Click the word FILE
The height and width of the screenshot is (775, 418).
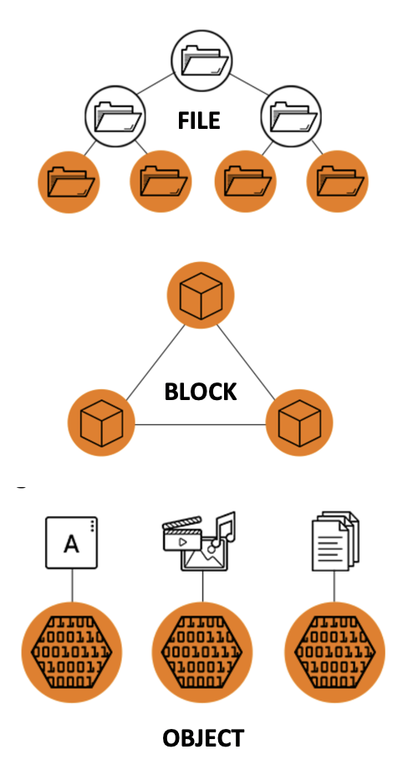click(198, 121)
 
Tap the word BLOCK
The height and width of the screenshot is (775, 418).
click(201, 392)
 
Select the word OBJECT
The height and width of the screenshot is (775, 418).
click(203, 738)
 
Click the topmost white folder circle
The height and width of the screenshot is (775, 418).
click(201, 60)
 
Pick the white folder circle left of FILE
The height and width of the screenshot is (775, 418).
click(115, 116)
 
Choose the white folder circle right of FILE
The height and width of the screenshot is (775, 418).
click(291, 116)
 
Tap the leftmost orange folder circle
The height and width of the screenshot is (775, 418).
click(69, 182)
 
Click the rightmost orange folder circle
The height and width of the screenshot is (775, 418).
click(338, 182)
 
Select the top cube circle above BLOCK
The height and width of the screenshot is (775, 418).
click(201, 295)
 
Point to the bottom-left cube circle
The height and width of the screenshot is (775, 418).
click(101, 423)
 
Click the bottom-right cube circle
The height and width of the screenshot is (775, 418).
click(299, 423)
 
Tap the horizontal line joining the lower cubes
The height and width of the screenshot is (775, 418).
click(201, 424)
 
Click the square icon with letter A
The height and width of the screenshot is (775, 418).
click(72, 542)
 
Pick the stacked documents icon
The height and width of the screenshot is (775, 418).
click(335, 541)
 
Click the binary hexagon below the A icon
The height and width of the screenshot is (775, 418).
click(72, 653)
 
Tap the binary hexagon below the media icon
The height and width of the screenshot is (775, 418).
click(202, 653)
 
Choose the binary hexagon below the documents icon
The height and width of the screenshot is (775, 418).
click(334, 653)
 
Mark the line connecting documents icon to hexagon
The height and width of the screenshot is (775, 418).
click(334, 587)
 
